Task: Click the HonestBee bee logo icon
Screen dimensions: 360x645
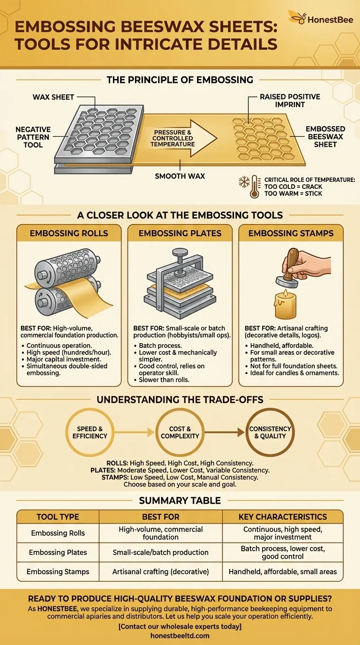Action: pyautogui.click(x=297, y=18)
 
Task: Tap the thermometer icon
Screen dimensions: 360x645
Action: pyautogui.click(x=255, y=187)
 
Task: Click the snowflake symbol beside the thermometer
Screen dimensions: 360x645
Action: pyautogui.click(x=244, y=182)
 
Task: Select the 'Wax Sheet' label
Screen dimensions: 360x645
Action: pyautogui.click(x=53, y=97)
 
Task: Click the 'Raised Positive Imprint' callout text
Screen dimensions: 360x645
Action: pyautogui.click(x=290, y=100)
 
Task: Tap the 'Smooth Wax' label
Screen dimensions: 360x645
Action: pyautogui.click(x=180, y=176)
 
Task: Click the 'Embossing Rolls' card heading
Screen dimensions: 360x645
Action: pyautogui.click(x=69, y=233)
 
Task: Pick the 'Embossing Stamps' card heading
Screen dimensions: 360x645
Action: pyautogui.click(x=291, y=233)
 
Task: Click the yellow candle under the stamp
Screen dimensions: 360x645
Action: pyautogui.click(x=285, y=305)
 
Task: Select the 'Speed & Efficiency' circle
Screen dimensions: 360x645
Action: pyautogui.click(x=90, y=432)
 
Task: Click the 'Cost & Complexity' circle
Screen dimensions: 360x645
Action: pyautogui.click(x=180, y=432)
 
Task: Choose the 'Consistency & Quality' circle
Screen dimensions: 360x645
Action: pyautogui.click(x=270, y=432)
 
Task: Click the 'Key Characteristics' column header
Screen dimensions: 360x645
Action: pyautogui.click(x=283, y=517)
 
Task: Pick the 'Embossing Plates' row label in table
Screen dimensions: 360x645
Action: pyautogui.click(x=58, y=552)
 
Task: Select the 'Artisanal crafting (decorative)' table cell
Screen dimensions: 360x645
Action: pyautogui.click(x=160, y=571)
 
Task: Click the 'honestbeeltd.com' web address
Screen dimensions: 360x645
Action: pyautogui.click(x=180, y=636)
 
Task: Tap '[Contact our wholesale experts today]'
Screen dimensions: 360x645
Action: pyautogui.click(x=180, y=626)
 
